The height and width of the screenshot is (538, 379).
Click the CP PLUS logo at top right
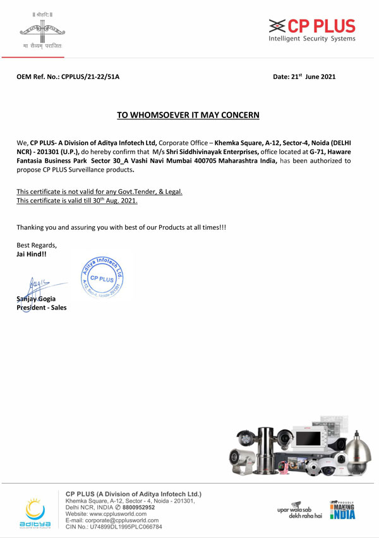tap(311, 30)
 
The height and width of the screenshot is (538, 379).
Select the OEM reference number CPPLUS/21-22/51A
tap(90, 76)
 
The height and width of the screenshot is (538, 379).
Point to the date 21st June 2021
tap(304, 76)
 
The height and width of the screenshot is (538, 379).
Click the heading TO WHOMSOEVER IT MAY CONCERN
tap(188, 115)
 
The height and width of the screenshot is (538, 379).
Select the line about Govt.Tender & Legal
tap(99, 191)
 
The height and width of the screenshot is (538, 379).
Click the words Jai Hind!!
tap(31, 254)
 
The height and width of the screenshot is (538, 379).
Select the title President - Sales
tap(41, 308)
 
